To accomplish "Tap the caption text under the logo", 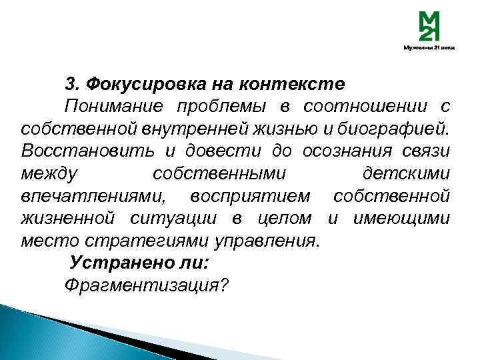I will [x=429, y=48].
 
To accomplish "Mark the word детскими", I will [x=406, y=173].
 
